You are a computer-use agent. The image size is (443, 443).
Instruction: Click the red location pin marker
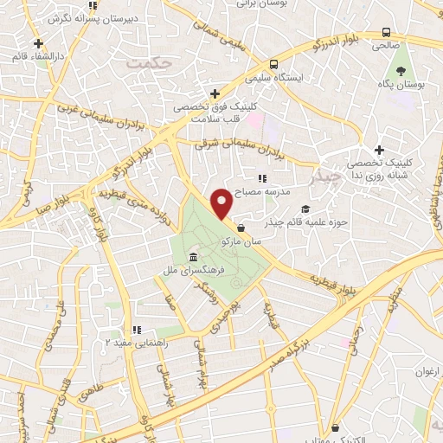pos(221,203)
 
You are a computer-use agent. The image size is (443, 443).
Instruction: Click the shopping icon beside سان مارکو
pos(240,228)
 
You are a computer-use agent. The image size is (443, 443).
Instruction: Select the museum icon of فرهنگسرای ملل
pos(191,259)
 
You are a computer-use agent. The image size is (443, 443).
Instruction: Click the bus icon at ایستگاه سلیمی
pos(273,63)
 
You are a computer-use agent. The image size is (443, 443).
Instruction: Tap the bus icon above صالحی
pos(386,33)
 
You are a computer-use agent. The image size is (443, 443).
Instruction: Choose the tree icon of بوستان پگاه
pos(401,70)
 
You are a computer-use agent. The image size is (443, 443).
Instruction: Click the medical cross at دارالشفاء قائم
pos(38,42)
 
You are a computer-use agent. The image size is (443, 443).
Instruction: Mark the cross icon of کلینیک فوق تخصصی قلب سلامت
pos(215,93)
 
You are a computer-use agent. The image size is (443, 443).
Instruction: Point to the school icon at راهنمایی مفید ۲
pos(137,330)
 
